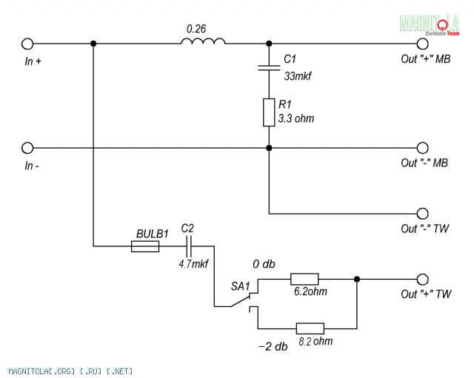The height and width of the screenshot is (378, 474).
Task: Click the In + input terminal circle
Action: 28,44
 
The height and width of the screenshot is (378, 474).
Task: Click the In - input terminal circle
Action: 28,148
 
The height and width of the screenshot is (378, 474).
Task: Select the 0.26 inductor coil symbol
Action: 203,42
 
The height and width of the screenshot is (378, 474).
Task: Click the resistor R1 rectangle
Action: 269,112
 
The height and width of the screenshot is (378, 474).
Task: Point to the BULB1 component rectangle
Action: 145,246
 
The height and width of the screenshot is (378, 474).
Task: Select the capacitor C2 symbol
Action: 188,245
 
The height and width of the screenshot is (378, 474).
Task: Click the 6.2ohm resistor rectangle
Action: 304,279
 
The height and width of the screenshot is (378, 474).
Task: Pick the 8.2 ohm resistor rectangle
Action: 310,328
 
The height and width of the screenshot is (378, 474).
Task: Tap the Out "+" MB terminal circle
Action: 423,44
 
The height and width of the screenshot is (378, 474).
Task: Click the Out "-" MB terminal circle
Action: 423,148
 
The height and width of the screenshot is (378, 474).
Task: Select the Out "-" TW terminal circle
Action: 423,214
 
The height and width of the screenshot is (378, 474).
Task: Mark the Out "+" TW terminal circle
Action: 423,279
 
